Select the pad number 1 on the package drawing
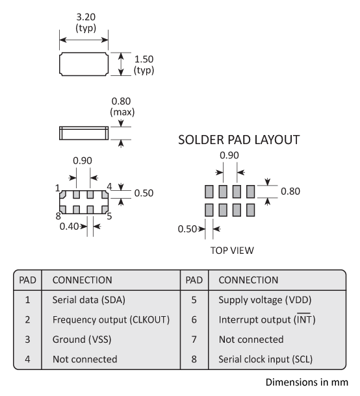(58, 188)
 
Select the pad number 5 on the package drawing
(109, 216)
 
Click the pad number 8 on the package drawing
(58, 216)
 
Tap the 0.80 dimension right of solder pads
(290, 192)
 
